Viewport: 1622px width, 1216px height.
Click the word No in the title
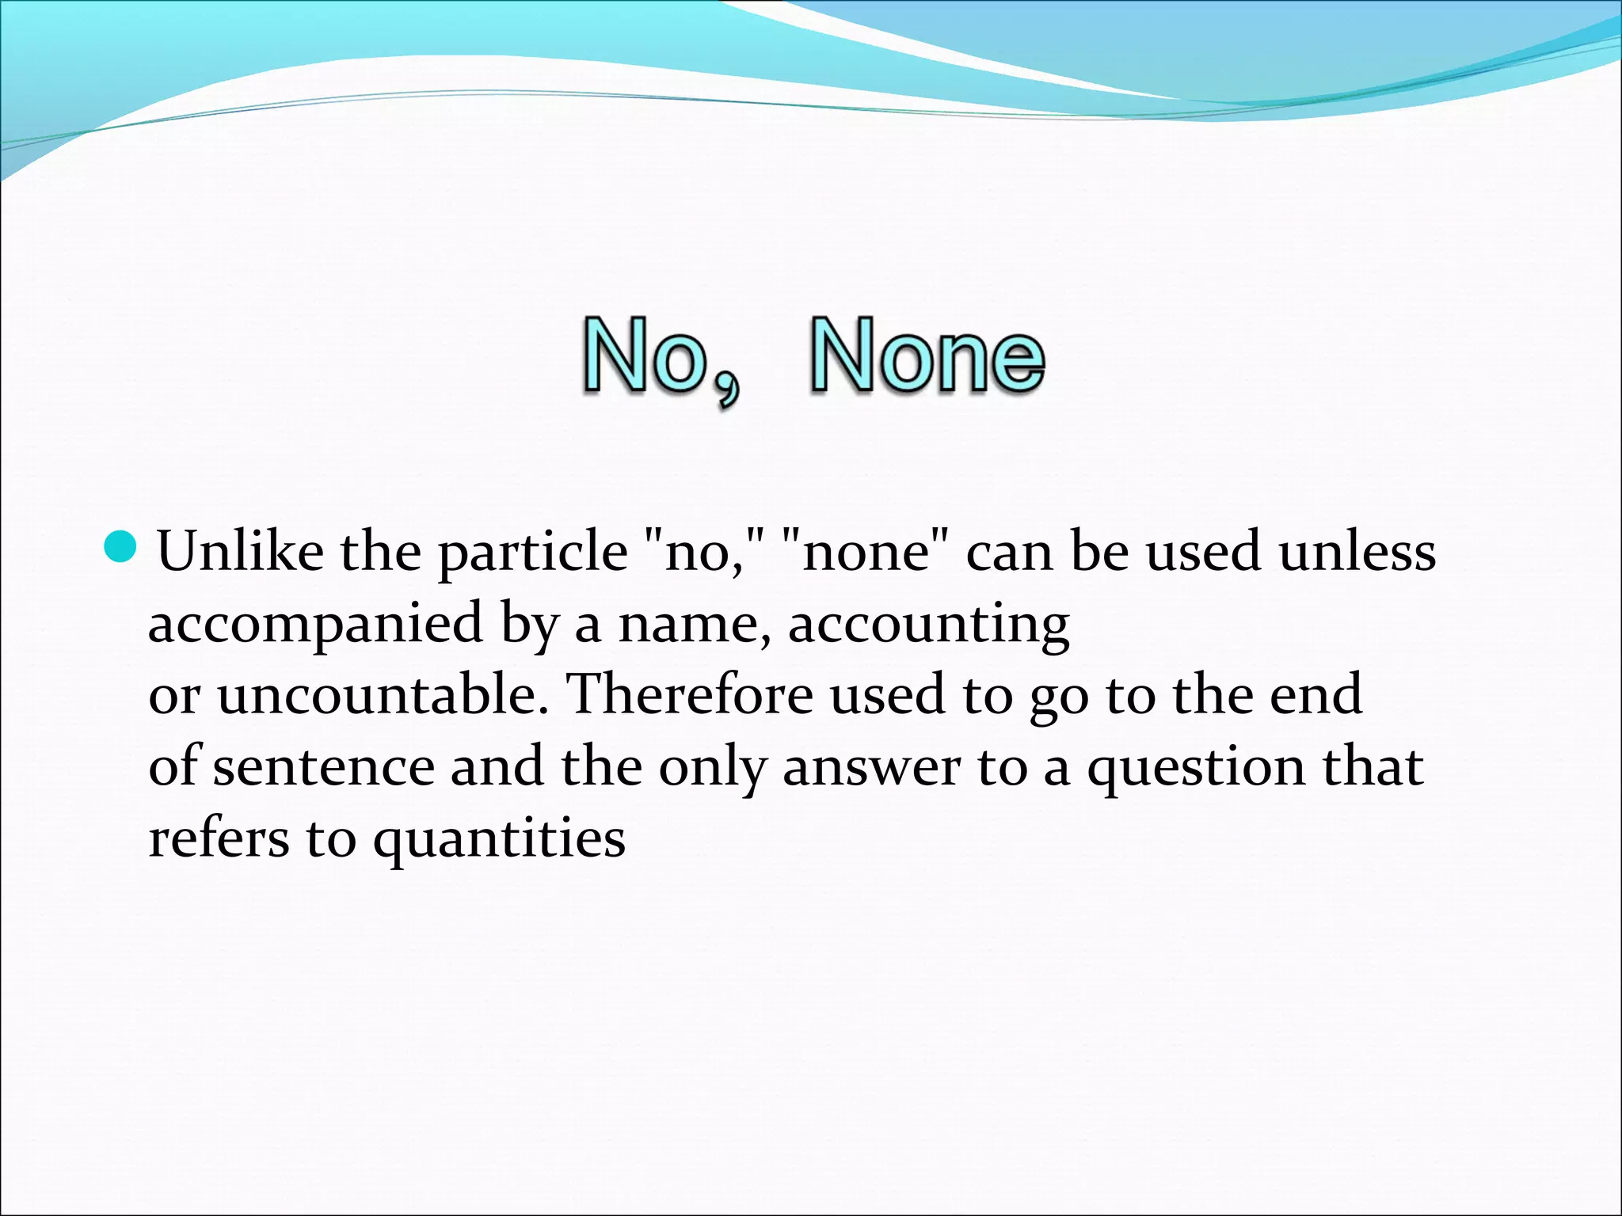coord(645,356)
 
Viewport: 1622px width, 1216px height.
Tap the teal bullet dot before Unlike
coord(120,547)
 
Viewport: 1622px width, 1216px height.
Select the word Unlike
coord(240,551)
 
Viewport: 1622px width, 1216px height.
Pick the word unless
coord(1357,551)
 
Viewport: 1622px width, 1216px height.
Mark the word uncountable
coord(383,695)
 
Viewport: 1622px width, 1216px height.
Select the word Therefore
coord(691,695)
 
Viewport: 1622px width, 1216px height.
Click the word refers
coord(219,839)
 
